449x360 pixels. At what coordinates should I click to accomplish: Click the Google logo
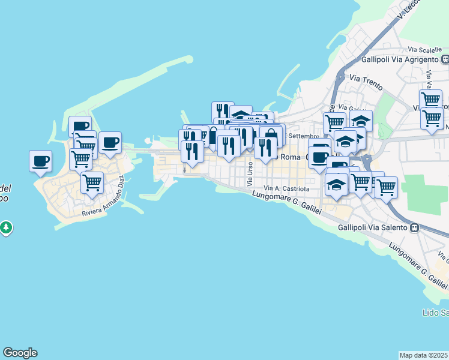(x=20, y=353)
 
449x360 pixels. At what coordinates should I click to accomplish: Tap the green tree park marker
(x=6, y=228)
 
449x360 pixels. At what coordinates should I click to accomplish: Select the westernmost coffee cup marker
(x=40, y=161)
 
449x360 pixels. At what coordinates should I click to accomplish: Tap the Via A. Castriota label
(x=286, y=188)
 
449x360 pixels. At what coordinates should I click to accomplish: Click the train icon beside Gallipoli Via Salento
(x=414, y=228)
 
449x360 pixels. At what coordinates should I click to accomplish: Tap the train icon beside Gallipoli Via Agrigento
(x=445, y=59)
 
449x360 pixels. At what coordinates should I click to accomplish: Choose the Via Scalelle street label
(x=421, y=49)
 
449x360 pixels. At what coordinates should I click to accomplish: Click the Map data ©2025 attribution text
(x=424, y=355)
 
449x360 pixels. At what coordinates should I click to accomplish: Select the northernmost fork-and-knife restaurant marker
(x=222, y=110)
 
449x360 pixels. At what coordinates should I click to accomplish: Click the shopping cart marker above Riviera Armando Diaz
(x=92, y=182)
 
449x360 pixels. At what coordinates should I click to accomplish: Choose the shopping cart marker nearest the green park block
(x=387, y=187)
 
